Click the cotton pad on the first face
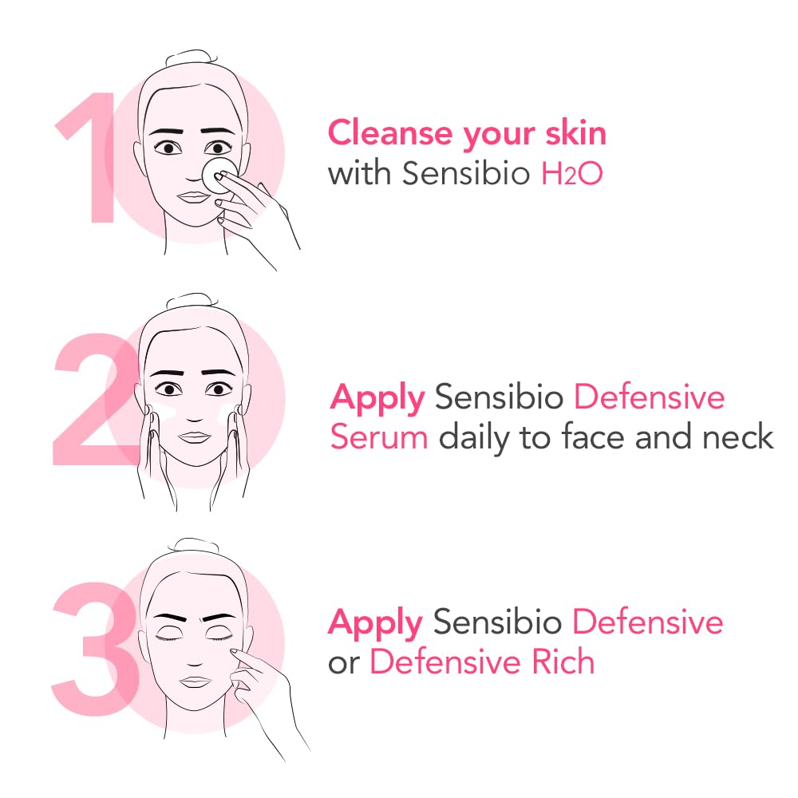(216, 173)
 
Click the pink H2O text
(571, 174)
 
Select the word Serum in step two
(379, 437)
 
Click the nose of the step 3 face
(192, 654)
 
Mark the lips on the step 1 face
(191, 196)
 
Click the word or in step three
(345, 663)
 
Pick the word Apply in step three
(375, 623)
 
